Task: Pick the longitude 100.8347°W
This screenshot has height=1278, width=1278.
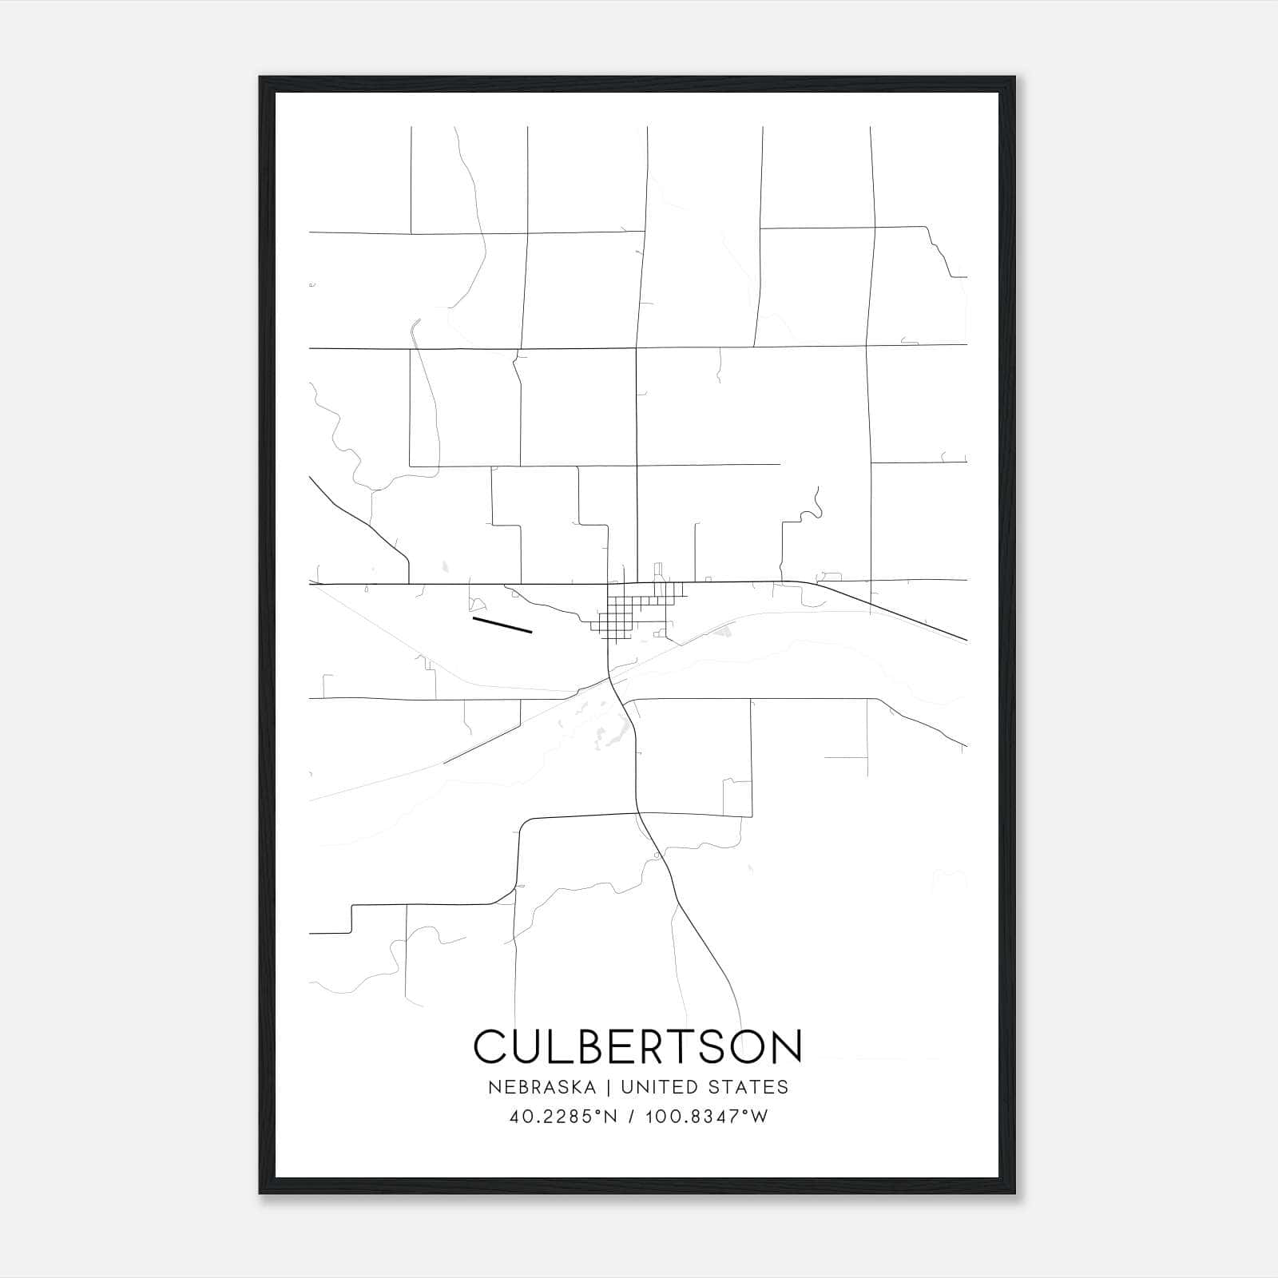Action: [705, 1117]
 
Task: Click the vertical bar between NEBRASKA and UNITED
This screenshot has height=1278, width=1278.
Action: [608, 1087]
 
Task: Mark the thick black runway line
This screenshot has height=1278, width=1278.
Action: [502, 625]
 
